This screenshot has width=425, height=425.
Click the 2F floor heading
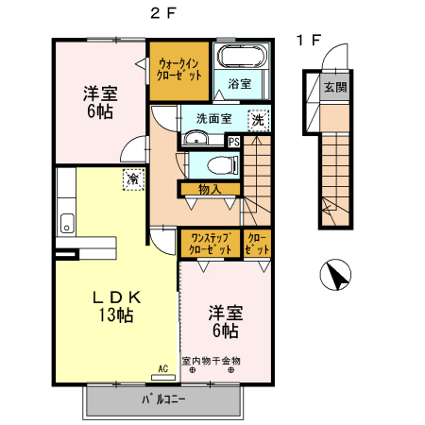(x=162, y=13)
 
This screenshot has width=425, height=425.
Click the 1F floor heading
(x=309, y=41)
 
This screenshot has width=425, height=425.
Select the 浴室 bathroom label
(x=240, y=84)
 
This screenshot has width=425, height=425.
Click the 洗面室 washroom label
(x=214, y=120)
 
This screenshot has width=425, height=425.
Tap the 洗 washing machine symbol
(x=257, y=120)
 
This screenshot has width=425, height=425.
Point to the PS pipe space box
(x=234, y=142)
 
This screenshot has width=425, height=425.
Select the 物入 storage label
(x=210, y=189)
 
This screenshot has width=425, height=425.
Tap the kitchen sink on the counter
(x=66, y=224)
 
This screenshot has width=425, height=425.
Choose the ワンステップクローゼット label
(x=209, y=244)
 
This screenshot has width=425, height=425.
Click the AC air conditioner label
(x=162, y=368)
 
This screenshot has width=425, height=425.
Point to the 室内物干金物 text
(x=212, y=361)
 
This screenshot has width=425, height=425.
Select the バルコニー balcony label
(x=163, y=399)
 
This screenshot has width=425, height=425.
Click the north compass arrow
(x=333, y=276)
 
